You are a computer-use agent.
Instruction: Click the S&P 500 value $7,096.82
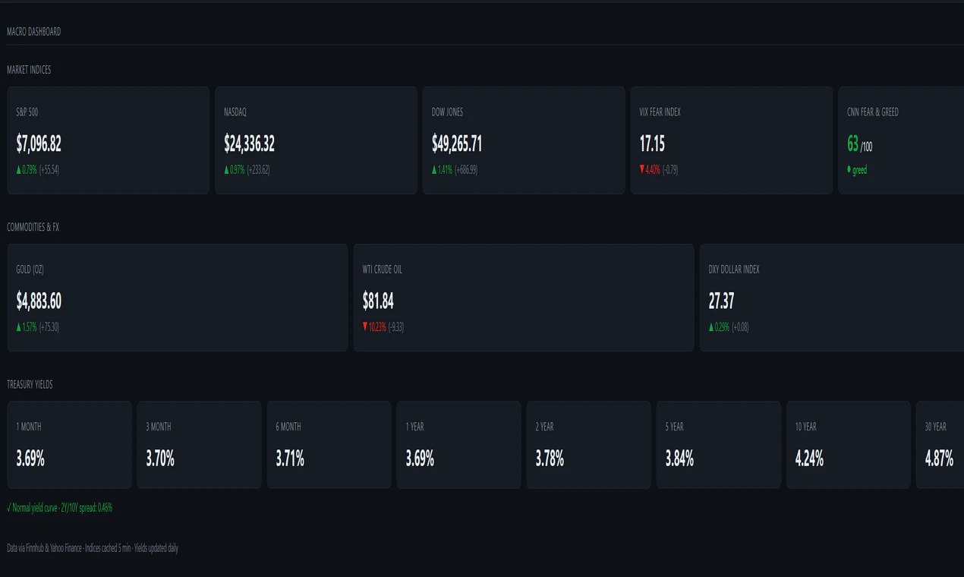click(x=39, y=143)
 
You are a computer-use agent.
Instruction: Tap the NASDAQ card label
click(x=235, y=112)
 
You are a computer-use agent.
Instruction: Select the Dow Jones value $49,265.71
click(x=457, y=143)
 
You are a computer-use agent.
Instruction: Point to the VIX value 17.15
click(x=652, y=143)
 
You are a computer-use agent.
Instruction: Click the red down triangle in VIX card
click(x=642, y=169)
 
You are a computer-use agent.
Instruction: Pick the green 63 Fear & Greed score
click(x=852, y=143)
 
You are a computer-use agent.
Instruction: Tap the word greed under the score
click(x=859, y=170)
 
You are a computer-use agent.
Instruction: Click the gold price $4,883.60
click(x=39, y=301)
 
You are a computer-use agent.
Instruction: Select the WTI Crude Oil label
click(x=383, y=270)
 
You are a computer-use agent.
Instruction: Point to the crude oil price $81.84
click(x=378, y=301)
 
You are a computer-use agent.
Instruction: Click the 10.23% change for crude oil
click(x=377, y=327)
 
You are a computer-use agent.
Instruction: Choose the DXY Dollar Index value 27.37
click(x=721, y=301)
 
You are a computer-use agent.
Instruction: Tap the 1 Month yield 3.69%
click(x=30, y=459)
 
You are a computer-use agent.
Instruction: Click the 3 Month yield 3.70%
click(x=160, y=459)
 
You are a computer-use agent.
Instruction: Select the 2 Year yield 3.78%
click(x=550, y=459)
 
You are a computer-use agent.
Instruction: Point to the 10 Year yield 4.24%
click(x=809, y=459)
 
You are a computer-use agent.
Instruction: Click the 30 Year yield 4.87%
click(x=939, y=459)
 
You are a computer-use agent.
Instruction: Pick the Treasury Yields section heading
click(x=30, y=385)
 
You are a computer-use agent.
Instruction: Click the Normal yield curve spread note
click(x=60, y=508)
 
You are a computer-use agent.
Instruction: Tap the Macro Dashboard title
click(x=33, y=32)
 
